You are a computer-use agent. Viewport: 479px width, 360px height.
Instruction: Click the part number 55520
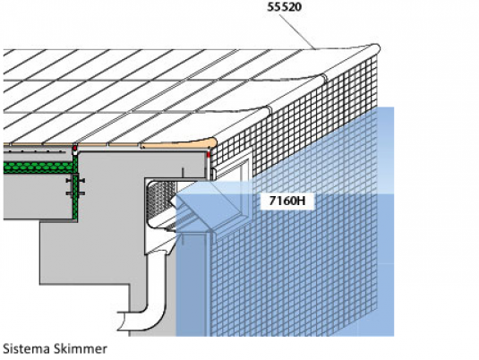(x=285, y=7)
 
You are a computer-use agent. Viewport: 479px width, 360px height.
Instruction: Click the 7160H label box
(x=287, y=201)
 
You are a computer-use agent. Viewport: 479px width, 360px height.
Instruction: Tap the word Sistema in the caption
(x=25, y=348)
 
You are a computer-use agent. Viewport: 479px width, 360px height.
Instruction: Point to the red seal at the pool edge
(x=209, y=154)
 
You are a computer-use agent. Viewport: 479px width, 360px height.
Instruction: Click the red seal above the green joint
(x=74, y=149)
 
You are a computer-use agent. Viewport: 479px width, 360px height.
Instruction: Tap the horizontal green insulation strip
(x=38, y=167)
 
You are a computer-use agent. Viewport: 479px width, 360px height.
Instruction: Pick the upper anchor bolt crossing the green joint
(x=75, y=181)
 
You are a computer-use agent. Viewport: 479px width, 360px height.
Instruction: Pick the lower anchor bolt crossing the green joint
(x=75, y=193)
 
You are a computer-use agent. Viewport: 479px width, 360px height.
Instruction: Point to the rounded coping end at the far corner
(x=375, y=48)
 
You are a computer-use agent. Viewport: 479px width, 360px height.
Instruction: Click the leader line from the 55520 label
(x=296, y=31)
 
